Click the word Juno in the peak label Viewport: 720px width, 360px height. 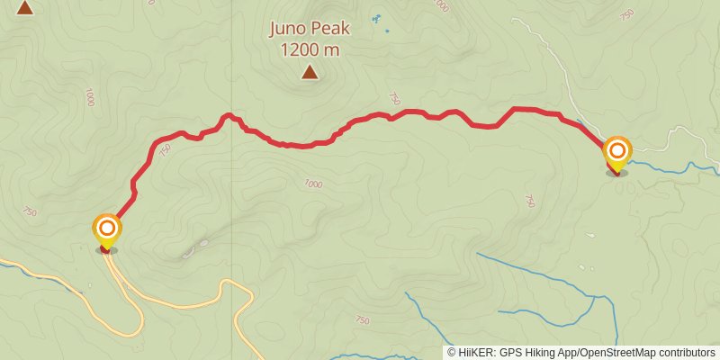(289, 29)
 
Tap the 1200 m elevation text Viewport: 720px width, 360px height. (310, 50)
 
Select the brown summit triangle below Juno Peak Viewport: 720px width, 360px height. (310, 72)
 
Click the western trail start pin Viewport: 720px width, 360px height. (106, 229)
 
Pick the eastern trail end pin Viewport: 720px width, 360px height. (617, 151)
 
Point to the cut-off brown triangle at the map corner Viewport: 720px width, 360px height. (24, 7)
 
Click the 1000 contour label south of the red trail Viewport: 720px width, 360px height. (312, 184)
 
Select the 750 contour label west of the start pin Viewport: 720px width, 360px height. (29, 212)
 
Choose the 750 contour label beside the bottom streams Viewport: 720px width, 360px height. (362, 320)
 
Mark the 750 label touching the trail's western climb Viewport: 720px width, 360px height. (163, 152)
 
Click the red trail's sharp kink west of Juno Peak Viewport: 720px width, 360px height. (229, 115)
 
